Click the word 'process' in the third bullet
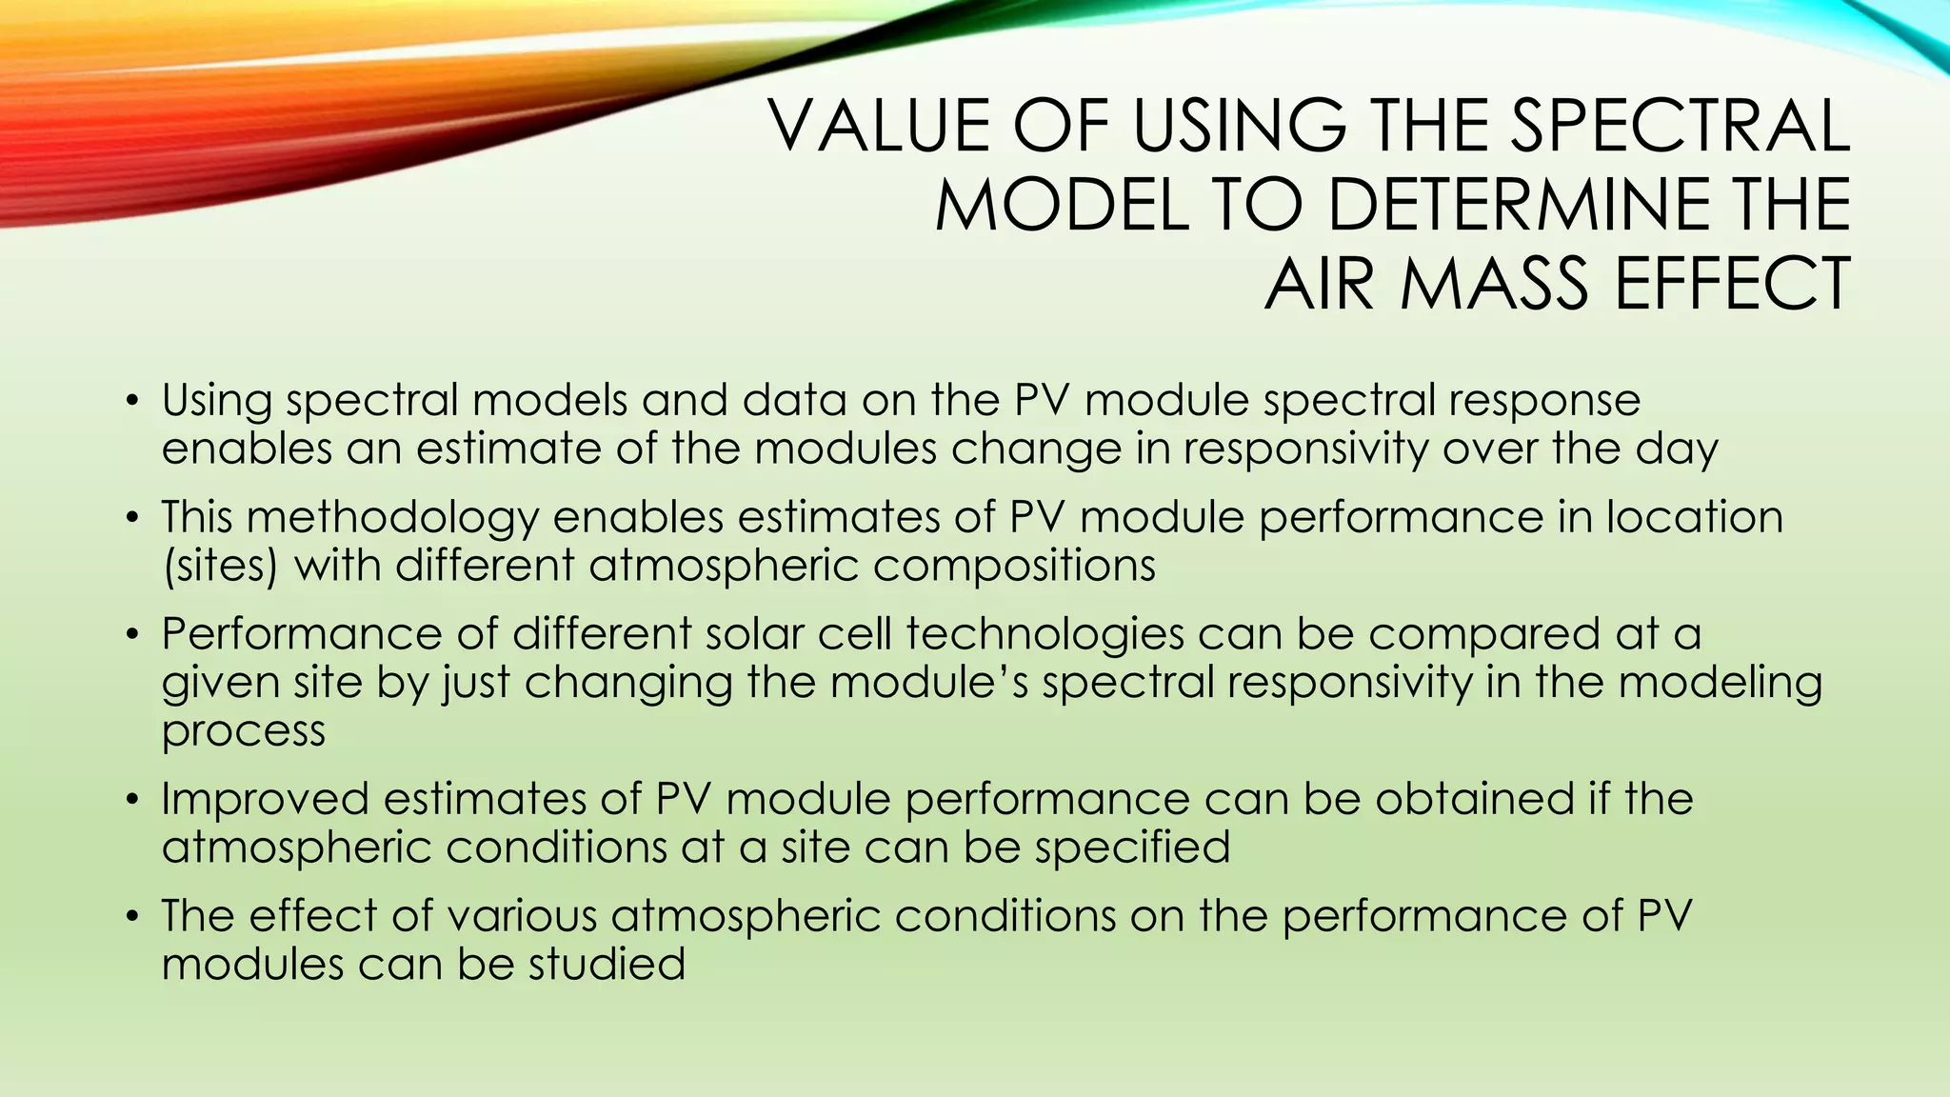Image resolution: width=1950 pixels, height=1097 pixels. pyautogui.click(x=244, y=731)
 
